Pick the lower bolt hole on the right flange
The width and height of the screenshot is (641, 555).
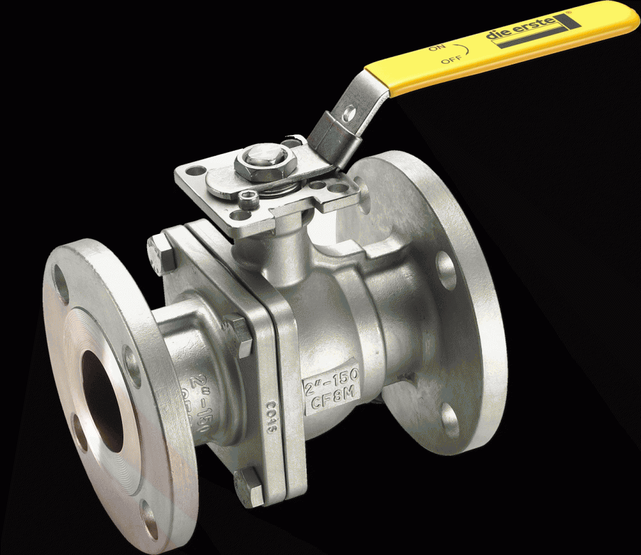click(x=450, y=415)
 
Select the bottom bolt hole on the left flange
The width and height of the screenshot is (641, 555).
click(x=148, y=517)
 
